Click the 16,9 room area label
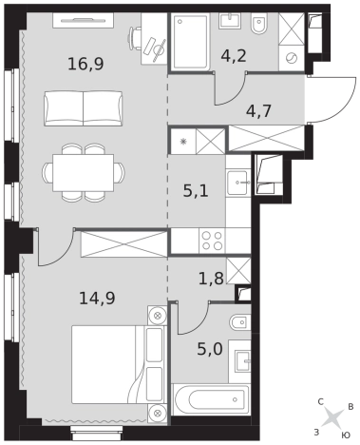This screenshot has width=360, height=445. tap(85, 64)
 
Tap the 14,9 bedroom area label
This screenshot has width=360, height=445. tap(97, 298)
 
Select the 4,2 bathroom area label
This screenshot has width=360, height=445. tap(234, 56)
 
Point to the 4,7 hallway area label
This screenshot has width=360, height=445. tap(258, 111)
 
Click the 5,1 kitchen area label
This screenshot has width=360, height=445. tap(196, 191)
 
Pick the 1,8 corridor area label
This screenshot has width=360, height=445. tap(211, 279)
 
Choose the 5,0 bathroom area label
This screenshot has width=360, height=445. tap(210, 349)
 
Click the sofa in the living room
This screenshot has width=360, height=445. tap(84, 108)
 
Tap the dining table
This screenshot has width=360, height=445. tap(84, 173)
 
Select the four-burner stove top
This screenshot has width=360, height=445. tap(212, 241)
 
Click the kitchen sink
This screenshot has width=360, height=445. tap(237, 183)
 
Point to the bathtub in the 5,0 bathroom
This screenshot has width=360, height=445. tap(211, 399)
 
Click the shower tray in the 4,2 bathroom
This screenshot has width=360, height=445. tap(191, 42)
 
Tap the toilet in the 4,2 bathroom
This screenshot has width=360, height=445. tap(259, 24)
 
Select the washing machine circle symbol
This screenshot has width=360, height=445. tap(292, 58)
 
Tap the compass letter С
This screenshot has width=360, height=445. tap(320, 402)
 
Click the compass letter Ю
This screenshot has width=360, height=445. tap(346, 435)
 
